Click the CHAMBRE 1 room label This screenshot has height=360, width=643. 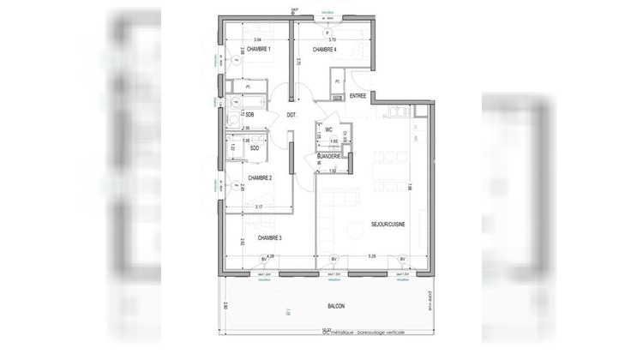(258, 50)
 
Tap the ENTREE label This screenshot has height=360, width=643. (358, 96)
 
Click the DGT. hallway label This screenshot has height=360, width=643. (291, 115)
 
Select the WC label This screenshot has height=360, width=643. (328, 129)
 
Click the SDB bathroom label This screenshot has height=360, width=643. (249, 114)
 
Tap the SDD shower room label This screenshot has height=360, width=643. (255, 147)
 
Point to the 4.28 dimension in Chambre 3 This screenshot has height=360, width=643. (270, 255)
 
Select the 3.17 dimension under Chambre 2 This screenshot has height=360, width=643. (259, 207)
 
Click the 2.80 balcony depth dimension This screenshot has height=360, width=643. (225, 305)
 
